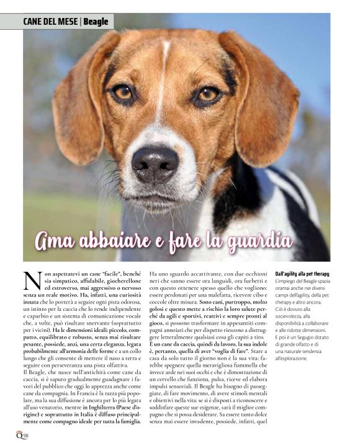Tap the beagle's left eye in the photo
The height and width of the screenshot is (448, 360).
point(122,92)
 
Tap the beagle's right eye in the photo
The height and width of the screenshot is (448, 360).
point(207,95)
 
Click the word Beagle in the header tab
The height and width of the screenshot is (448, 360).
point(96,22)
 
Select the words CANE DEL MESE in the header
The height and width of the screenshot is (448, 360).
point(50,22)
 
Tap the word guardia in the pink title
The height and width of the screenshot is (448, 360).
point(261,239)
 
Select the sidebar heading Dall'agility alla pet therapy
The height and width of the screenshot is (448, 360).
point(302,274)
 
